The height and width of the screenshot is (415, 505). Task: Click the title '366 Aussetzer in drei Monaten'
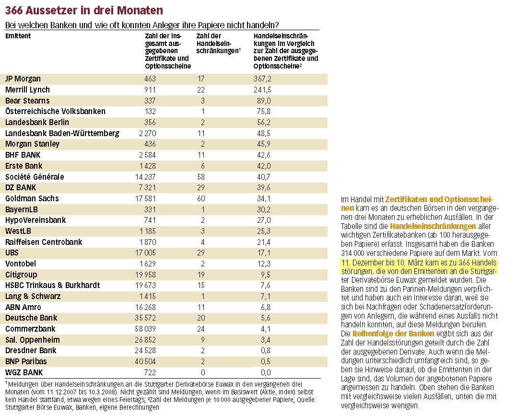pyautogui.click(x=84, y=10)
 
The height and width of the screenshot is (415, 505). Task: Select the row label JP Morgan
pyautogui.click(x=23, y=79)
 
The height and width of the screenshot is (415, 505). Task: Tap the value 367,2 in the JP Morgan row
pyautogui.click(x=262, y=79)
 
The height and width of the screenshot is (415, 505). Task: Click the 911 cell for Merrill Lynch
pyautogui.click(x=150, y=90)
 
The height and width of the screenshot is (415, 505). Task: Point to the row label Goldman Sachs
pyautogui.click(x=32, y=198)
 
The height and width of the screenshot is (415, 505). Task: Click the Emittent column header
pyautogui.click(x=18, y=36)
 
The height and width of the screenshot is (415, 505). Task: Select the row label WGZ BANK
pyautogui.click(x=24, y=372)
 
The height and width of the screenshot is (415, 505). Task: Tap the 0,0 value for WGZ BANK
pyautogui.click(x=265, y=372)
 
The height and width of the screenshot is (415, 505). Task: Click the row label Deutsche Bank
pyautogui.click(x=31, y=318)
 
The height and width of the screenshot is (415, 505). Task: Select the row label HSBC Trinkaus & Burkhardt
pyautogui.click(x=53, y=285)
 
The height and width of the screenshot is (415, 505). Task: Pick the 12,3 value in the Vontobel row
pyautogui.click(x=264, y=264)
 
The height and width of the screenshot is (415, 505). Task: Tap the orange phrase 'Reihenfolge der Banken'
pyautogui.click(x=393, y=333)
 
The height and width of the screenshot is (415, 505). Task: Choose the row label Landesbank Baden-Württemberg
pyautogui.click(x=62, y=133)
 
